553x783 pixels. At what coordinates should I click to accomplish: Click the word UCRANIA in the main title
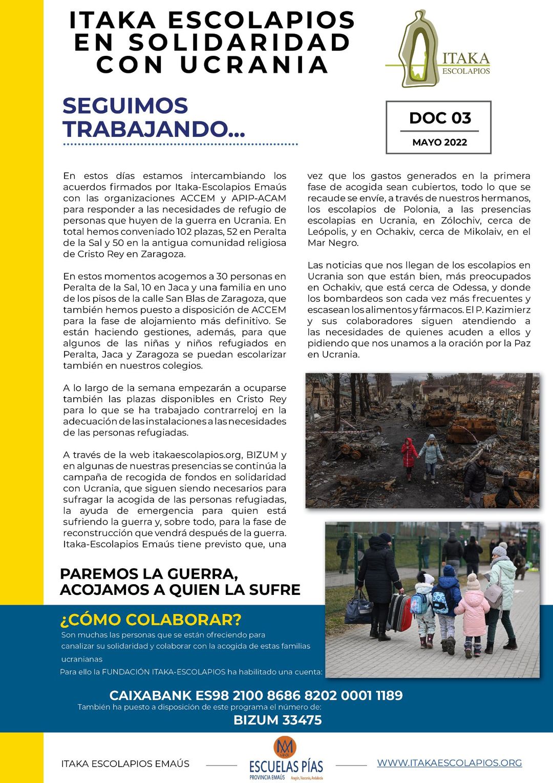pyautogui.click(x=254, y=65)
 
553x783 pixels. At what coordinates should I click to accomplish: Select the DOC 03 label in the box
pyautogui.click(x=440, y=118)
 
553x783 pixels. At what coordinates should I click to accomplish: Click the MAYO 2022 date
pyautogui.click(x=439, y=142)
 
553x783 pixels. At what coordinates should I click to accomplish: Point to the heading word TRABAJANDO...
pyautogui.click(x=154, y=129)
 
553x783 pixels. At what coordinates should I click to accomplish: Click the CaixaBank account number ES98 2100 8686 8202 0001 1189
pyautogui.click(x=256, y=695)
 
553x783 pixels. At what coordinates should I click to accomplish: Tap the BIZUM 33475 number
pyautogui.click(x=278, y=720)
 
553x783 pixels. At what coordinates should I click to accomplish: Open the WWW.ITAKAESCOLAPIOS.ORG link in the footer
pyautogui.click(x=450, y=763)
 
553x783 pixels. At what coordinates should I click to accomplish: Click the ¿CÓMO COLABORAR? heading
pyautogui.click(x=151, y=620)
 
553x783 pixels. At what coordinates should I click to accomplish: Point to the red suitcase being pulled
pyautogui.click(x=399, y=612)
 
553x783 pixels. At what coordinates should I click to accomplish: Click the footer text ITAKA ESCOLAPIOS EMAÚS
pyautogui.click(x=125, y=764)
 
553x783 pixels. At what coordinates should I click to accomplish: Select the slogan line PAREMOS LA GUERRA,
pyautogui.click(x=149, y=574)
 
